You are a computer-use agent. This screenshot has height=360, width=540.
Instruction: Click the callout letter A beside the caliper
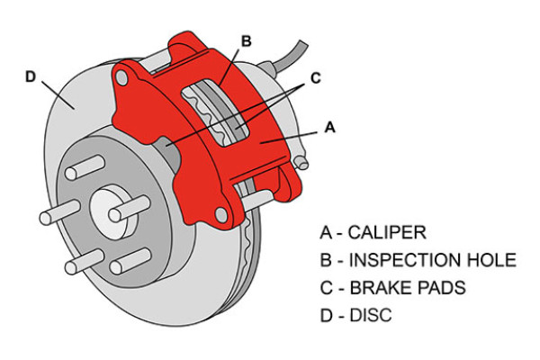(328, 129)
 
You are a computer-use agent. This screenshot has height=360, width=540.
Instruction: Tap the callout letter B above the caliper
(246, 40)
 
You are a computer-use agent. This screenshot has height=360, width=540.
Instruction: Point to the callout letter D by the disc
(31, 76)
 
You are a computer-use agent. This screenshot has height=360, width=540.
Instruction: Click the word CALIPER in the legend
(388, 233)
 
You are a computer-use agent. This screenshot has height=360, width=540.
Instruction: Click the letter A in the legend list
(325, 233)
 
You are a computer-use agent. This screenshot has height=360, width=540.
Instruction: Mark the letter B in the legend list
(325, 261)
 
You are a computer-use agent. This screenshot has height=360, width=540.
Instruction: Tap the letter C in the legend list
(325, 289)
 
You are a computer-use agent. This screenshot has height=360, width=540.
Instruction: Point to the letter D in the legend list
(325, 317)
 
